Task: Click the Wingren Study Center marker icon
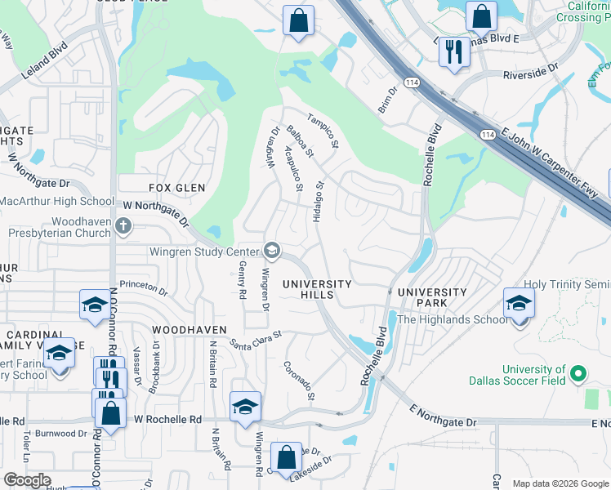tap(272, 251)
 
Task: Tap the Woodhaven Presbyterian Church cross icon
tap(123, 225)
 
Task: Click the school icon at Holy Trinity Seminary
tap(519, 304)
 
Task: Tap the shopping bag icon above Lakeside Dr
tap(286, 458)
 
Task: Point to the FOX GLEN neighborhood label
tap(177, 188)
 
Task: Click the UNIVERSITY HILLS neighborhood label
tap(317, 289)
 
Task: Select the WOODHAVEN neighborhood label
tap(189, 329)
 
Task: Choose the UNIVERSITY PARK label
tap(432, 297)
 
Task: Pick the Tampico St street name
tap(323, 131)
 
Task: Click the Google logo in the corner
tap(27, 480)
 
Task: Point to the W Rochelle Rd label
tap(167, 419)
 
